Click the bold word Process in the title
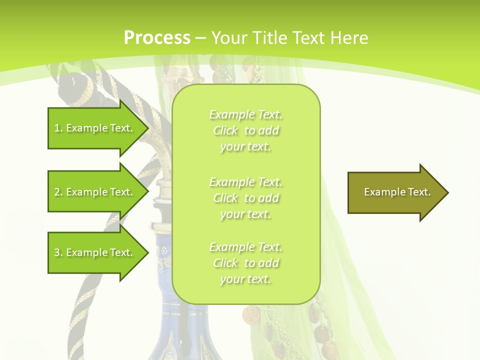coord(157,38)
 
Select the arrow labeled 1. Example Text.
coord(95,128)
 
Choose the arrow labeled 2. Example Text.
coord(95,192)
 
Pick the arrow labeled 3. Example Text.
coord(95,252)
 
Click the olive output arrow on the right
coord(395,192)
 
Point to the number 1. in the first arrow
coord(58,128)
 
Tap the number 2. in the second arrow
coord(58,192)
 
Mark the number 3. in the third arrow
coord(58,252)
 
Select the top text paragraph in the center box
coord(246,130)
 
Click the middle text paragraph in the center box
coord(246,198)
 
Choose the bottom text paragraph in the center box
coord(246,263)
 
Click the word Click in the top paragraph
coord(225,130)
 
